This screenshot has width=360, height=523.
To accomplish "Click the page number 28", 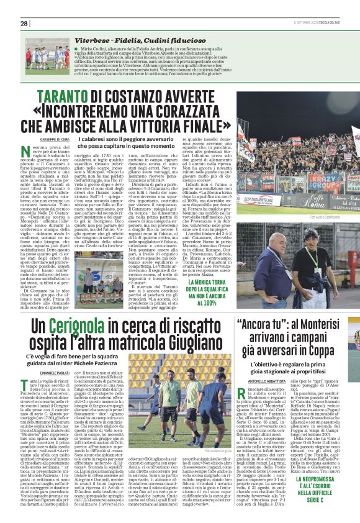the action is [x=24, y=23].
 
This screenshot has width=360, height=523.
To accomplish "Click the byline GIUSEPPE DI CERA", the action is [x=55, y=140].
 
